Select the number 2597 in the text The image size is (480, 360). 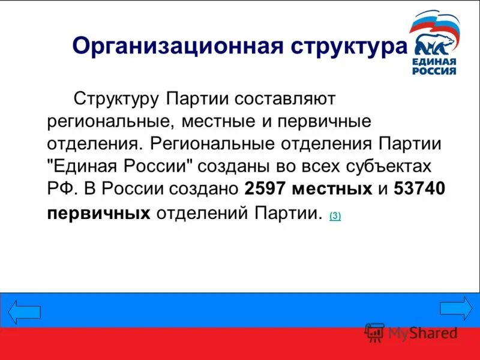point(265,188)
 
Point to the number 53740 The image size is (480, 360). point(419,188)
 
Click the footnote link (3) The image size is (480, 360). point(335,216)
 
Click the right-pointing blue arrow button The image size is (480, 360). point(456,308)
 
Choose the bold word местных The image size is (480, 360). point(332,188)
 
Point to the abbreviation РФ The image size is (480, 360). point(61,188)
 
